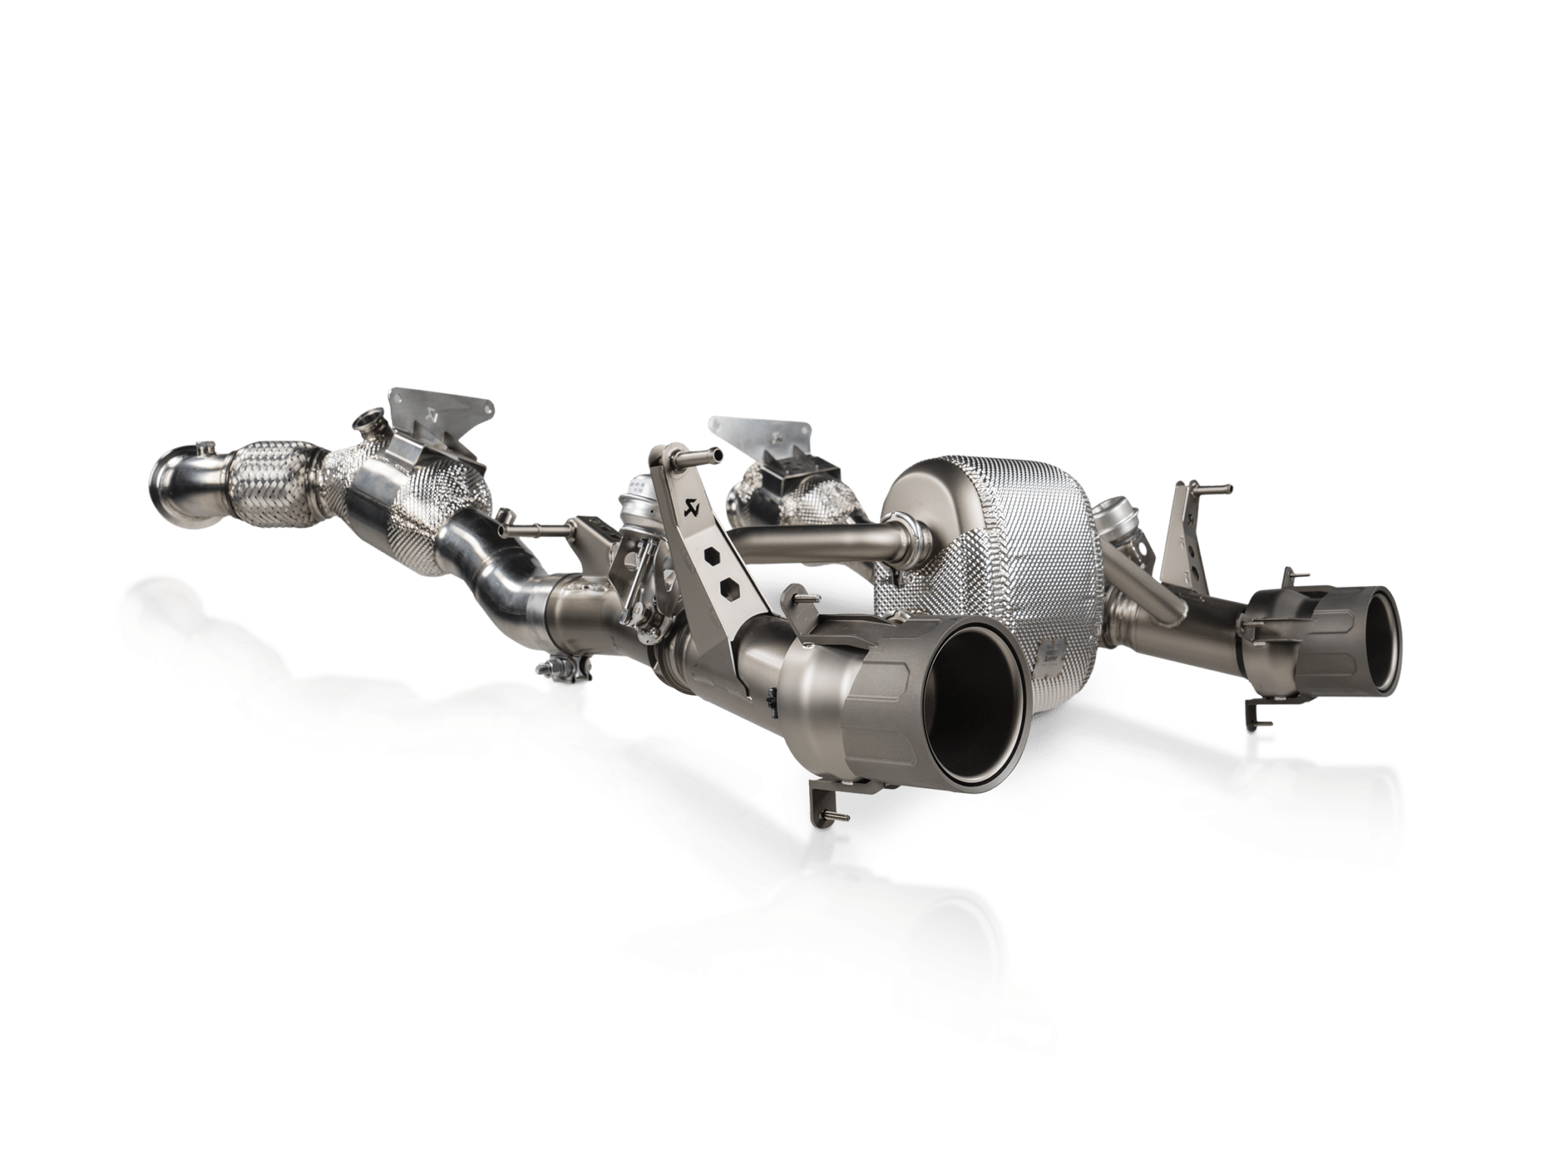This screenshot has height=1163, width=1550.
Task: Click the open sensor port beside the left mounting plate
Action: tap(368, 419)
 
